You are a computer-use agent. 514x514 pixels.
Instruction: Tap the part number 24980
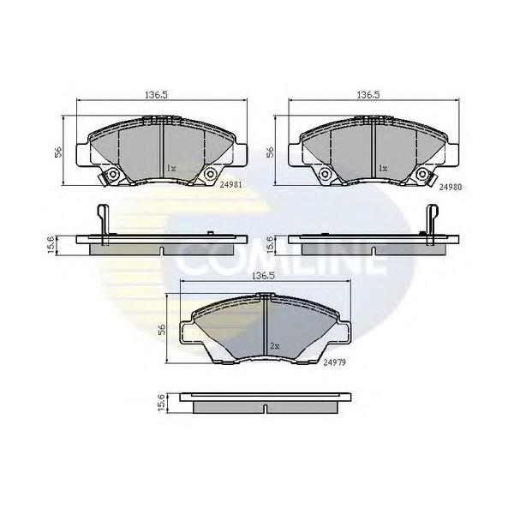(x=451, y=184)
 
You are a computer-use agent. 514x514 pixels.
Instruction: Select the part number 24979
(x=333, y=362)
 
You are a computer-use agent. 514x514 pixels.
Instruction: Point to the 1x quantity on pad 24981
(x=171, y=169)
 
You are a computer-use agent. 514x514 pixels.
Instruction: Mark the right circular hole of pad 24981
(x=209, y=176)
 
